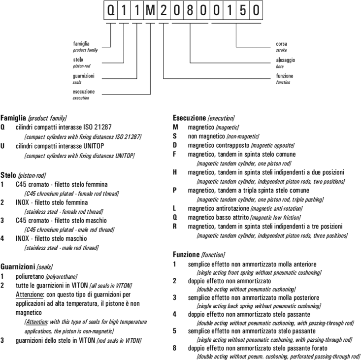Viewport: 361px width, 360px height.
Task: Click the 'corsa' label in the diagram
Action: pyautogui.click(x=282, y=44)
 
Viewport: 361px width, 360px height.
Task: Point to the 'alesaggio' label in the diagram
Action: pyautogui.click(x=286, y=60)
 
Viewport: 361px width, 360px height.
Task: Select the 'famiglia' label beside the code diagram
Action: pyautogui.click(x=82, y=44)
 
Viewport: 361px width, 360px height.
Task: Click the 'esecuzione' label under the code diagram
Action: pyautogui.click(x=84, y=92)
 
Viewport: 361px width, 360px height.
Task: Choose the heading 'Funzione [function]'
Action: pyautogui.click(x=198, y=255)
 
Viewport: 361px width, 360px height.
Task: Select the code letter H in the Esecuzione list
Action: pyautogui.click(x=175, y=172)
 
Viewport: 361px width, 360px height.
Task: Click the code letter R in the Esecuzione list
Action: pyautogui.click(x=175, y=227)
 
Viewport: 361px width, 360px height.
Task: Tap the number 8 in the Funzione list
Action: pyautogui.click(x=174, y=348)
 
